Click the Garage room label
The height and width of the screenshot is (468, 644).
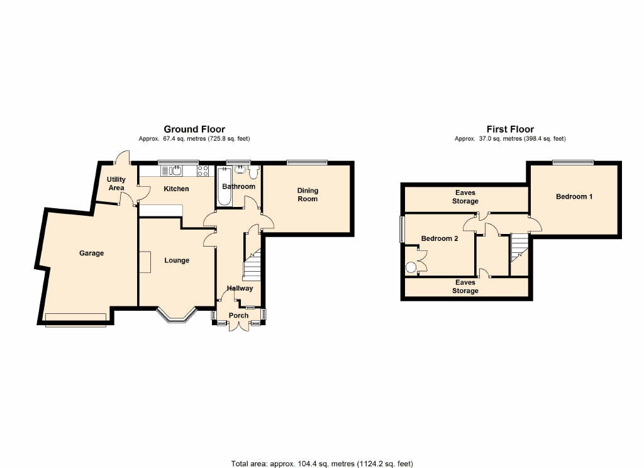pos(91,253)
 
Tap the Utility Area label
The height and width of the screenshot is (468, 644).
pos(116,184)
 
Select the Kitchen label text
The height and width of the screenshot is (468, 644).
pos(176,189)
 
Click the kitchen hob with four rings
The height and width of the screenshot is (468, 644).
pos(203,170)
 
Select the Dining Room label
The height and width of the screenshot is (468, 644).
pos(308,194)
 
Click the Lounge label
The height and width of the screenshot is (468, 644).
pos(177,260)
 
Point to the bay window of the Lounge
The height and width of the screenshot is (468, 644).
pos(177,316)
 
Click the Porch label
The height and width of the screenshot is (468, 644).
pos(238,315)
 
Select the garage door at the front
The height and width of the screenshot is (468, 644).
pos(75,319)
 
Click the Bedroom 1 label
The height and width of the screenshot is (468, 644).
pos(574,197)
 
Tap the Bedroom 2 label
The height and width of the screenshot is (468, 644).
pos(439,238)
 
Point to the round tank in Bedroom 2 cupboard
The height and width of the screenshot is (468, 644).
pos(411,267)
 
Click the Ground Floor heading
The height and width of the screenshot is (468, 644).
pos(194,129)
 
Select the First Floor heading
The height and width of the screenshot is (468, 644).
pos(510,129)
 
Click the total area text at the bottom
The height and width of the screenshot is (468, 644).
pos(321,464)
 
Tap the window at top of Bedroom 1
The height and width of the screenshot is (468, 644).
pos(573,162)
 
